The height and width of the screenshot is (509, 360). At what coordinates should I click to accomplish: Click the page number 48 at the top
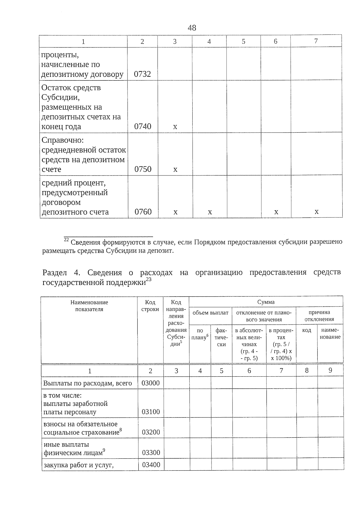[x=192, y=28]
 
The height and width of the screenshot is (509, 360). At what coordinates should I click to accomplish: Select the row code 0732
[x=142, y=74]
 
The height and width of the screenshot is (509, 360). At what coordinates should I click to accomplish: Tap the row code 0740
[x=142, y=126]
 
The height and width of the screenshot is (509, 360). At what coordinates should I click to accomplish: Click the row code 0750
[x=143, y=169]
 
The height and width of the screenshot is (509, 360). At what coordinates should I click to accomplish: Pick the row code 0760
[x=143, y=212]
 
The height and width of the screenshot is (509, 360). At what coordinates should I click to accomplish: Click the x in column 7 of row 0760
[x=316, y=212]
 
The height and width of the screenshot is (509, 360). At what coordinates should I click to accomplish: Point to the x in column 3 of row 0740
[x=175, y=127]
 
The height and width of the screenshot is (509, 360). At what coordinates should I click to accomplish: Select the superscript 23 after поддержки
[x=148, y=280]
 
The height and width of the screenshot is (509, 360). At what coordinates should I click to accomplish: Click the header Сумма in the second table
[x=266, y=302]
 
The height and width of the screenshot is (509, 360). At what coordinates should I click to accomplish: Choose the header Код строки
[x=150, y=306]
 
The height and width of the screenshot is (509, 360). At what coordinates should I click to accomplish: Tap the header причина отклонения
[x=319, y=316]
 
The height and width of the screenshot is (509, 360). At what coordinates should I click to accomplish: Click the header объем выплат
[x=210, y=313]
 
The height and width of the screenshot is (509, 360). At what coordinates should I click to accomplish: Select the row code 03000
[x=151, y=383]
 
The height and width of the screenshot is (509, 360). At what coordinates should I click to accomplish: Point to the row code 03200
[x=151, y=432]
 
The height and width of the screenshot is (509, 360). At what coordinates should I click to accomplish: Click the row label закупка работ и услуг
[x=79, y=465]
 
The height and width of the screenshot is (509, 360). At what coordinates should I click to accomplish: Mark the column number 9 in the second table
[x=330, y=370]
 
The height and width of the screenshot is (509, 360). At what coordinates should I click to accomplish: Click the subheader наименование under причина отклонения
[x=331, y=334]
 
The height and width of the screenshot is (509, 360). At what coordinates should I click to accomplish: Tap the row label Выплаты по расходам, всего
[x=88, y=383]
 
